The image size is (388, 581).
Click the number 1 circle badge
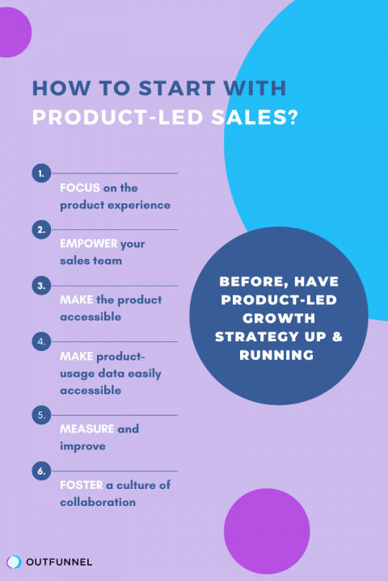pos(41,173)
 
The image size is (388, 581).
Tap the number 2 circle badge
pos(41,230)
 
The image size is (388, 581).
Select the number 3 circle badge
pos(41,286)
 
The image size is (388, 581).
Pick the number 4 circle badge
pos(41,341)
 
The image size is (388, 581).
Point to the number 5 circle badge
pos(41,416)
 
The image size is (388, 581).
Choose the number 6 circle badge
pos(41,471)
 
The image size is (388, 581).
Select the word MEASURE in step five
pos(86,428)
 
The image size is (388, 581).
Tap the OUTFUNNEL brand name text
pos(59,562)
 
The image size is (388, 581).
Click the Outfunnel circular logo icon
pos(14,562)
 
